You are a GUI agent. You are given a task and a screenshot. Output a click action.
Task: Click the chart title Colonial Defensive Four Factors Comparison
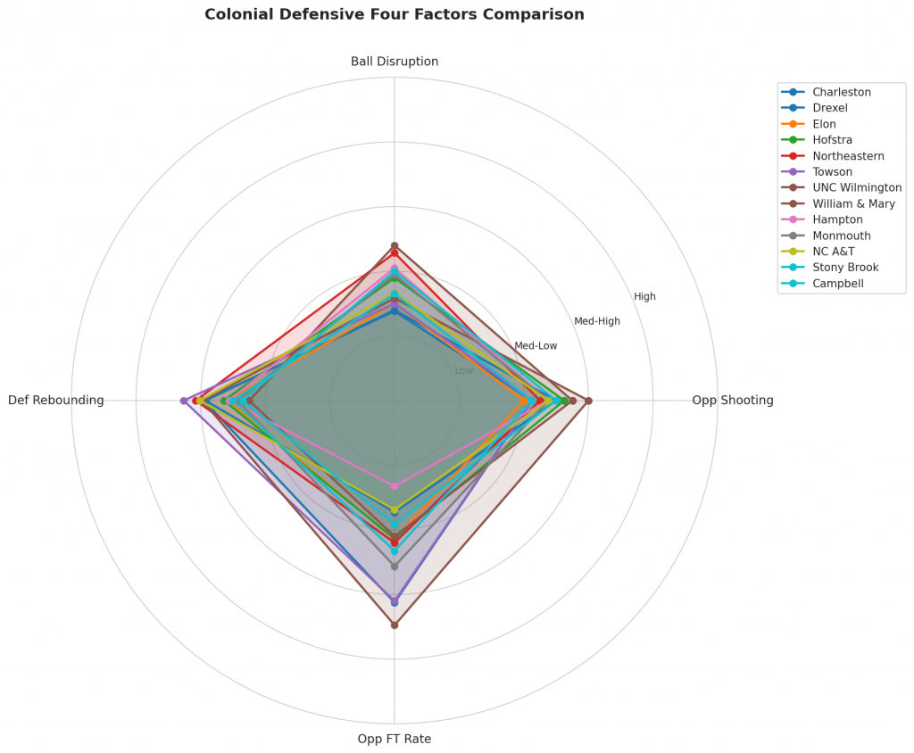[x=395, y=14]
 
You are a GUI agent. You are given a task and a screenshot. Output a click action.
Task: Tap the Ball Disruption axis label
[x=395, y=62]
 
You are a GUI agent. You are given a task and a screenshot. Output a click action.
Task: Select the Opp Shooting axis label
[x=733, y=401]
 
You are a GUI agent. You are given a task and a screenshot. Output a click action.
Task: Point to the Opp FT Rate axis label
[x=395, y=739]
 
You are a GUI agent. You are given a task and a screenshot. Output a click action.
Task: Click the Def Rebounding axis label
[x=56, y=401]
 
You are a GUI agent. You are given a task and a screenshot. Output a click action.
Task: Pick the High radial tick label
[x=644, y=296]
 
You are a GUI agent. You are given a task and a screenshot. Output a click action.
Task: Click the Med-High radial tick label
[x=597, y=321]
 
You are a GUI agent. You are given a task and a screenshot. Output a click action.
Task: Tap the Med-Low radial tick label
[x=536, y=345]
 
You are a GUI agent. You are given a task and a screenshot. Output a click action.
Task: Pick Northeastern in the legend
[x=848, y=156]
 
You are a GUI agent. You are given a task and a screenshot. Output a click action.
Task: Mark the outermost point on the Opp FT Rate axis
[x=395, y=625]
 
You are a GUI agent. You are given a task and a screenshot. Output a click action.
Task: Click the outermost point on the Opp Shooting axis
[x=588, y=401]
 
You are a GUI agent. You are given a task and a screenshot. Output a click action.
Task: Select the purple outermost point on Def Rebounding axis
[x=184, y=401]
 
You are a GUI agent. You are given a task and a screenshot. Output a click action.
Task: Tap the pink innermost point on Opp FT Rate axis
[x=395, y=486]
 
